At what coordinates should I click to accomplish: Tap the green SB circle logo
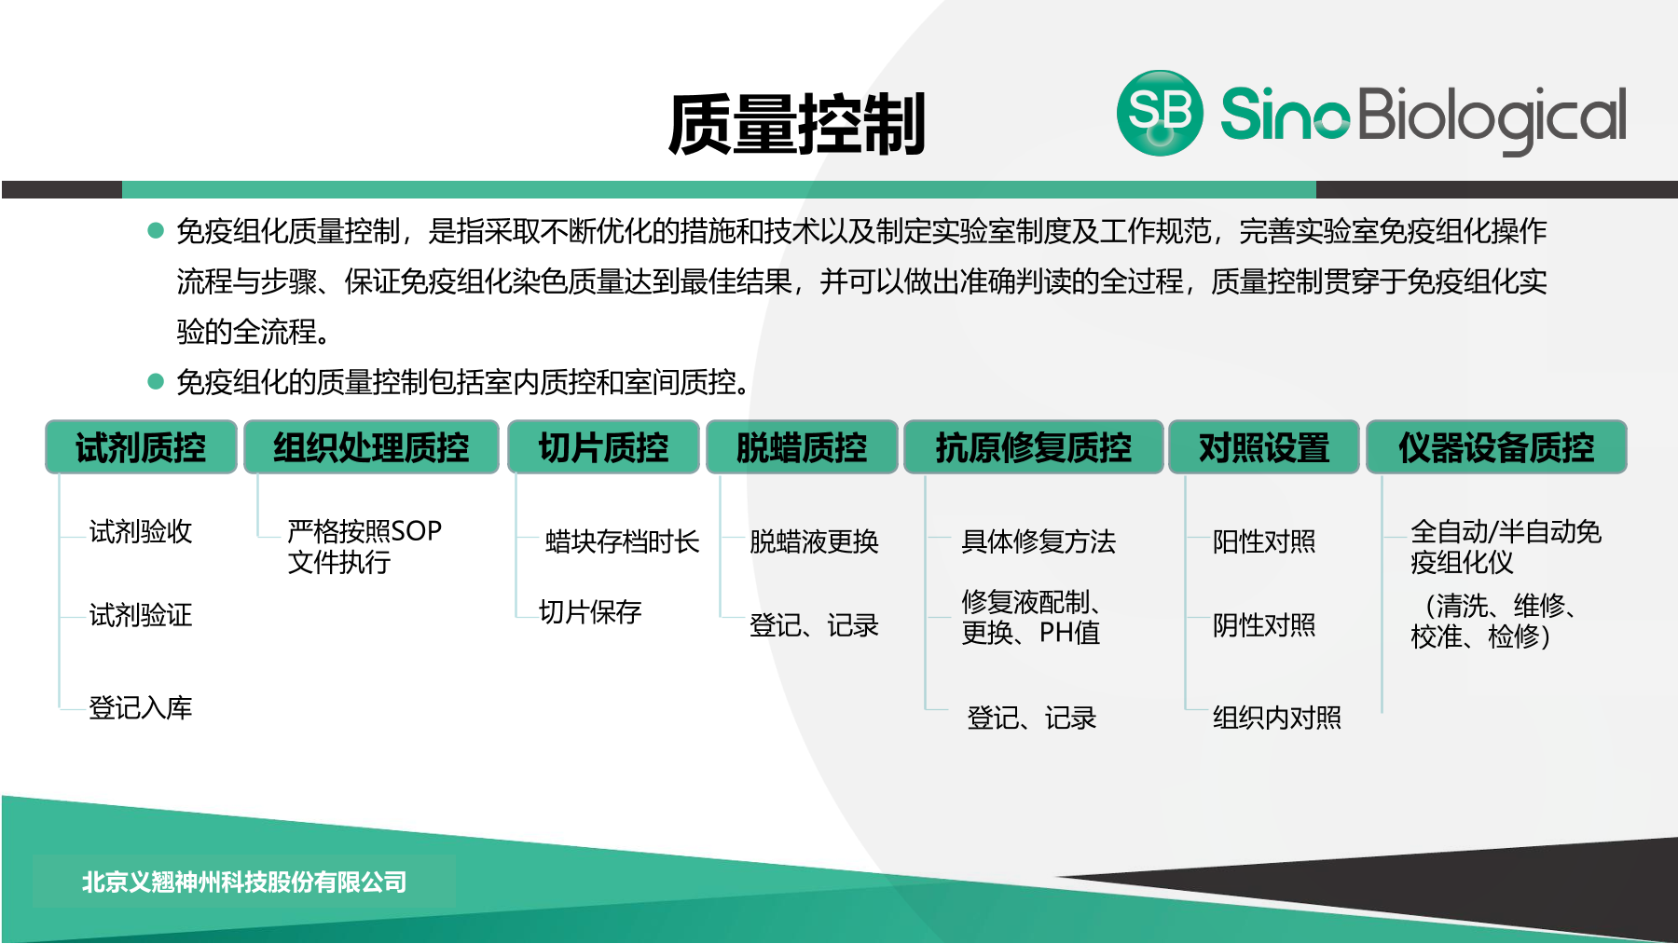(1160, 113)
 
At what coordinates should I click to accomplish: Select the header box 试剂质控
(141, 447)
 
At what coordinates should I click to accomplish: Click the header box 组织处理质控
(371, 447)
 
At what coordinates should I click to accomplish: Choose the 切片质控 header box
(603, 447)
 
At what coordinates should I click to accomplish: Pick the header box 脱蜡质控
(802, 447)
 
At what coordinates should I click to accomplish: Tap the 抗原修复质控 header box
(1033, 447)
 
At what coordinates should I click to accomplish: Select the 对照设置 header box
(1263, 447)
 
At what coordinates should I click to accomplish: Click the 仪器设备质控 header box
(1495, 447)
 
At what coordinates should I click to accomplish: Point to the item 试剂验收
(141, 532)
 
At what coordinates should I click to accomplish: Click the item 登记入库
(141, 708)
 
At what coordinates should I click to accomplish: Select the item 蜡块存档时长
(622, 541)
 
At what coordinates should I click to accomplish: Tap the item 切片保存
(590, 612)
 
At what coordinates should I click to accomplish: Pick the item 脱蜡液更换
(814, 541)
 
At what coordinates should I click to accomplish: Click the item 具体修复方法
(1038, 541)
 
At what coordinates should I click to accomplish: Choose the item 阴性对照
(1263, 625)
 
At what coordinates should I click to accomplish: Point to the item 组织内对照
(1276, 718)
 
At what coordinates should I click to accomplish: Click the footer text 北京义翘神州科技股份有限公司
(244, 882)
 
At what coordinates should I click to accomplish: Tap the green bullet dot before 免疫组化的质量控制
(156, 381)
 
